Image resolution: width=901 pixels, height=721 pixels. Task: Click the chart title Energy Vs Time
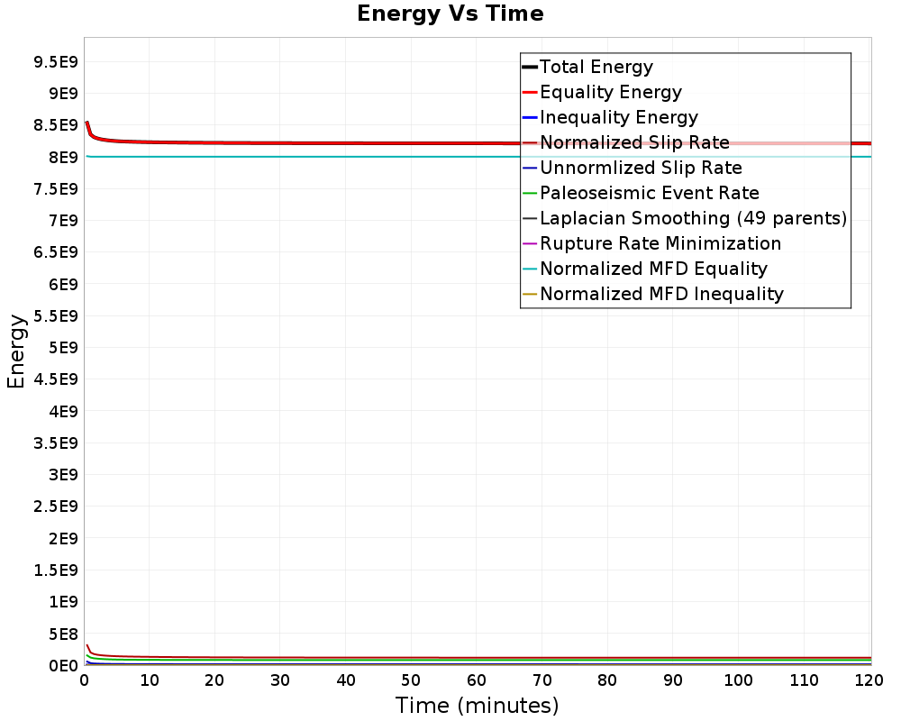[x=450, y=14]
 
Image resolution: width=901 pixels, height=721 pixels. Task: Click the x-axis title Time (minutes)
[x=477, y=706]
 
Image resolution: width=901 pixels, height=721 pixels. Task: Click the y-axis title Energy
[x=15, y=351]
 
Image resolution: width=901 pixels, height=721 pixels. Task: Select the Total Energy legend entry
[x=596, y=67]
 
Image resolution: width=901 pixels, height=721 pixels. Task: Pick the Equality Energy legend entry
[x=610, y=92]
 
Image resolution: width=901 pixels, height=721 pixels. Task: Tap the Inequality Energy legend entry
[x=618, y=117]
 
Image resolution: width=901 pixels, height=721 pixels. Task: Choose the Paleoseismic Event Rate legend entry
[x=649, y=193]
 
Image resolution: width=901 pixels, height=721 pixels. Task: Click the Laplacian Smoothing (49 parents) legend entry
[x=693, y=218]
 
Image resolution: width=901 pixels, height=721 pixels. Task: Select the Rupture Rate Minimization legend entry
[x=660, y=243]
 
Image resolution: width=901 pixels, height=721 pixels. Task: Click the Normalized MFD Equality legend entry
[x=653, y=269]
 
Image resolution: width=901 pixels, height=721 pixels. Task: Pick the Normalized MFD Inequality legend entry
[x=661, y=294]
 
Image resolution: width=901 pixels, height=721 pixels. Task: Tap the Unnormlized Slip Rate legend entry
[x=641, y=168]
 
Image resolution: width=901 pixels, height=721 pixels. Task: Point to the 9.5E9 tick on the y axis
[x=54, y=61]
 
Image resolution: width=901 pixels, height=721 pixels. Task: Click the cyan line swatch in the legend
[x=530, y=269]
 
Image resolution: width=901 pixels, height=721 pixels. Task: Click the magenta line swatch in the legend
[x=530, y=243]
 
